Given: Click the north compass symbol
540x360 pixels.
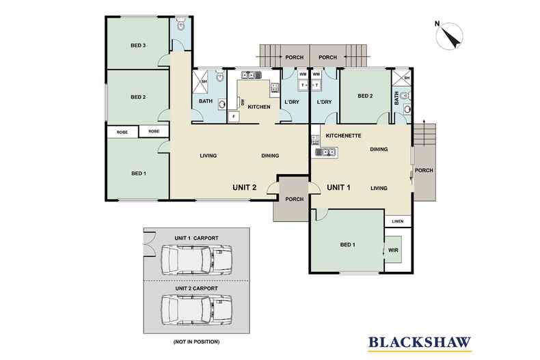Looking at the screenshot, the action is point(449,36).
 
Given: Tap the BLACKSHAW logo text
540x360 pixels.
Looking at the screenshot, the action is point(420,342).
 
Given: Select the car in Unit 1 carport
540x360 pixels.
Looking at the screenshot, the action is point(196,260).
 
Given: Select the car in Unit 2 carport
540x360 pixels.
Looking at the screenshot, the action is point(196,310).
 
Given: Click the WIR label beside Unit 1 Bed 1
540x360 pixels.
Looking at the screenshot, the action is point(393,250).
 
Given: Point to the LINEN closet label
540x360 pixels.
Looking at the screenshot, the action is point(397,221).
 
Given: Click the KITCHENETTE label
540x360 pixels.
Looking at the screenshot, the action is point(343,136).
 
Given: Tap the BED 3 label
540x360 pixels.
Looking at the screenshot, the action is point(138,46).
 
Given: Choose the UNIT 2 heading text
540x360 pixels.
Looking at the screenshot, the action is point(245,187).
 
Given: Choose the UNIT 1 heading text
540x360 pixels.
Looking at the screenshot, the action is point(338,187).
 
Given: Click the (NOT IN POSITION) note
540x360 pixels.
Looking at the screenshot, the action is point(196,342).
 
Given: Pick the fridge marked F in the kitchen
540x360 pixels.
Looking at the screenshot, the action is point(234,116).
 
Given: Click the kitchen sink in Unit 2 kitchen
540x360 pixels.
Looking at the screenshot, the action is point(252,74).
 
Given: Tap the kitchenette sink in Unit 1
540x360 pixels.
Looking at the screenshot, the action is point(326,152).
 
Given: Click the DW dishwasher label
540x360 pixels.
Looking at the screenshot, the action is point(243,102).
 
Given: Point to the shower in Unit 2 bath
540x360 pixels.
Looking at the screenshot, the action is point(200,81).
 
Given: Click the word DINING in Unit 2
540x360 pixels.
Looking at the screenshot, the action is point(270,156).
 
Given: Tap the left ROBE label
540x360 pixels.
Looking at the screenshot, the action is point(122,132).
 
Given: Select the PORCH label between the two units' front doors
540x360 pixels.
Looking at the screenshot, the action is point(295,199).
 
